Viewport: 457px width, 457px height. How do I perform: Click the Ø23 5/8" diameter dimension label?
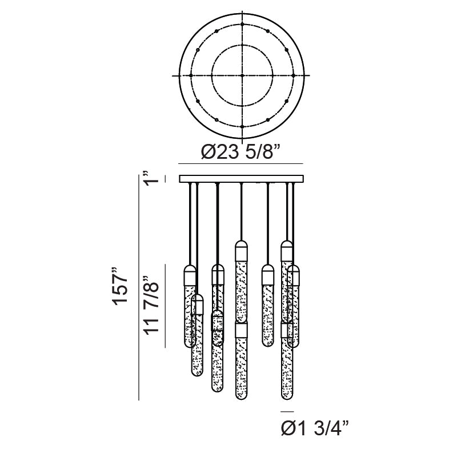coord(240,152)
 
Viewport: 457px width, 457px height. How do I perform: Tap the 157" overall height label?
coord(121,286)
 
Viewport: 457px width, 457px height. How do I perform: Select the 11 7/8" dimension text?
coord(151,305)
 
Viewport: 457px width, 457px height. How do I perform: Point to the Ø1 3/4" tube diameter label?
coord(315,428)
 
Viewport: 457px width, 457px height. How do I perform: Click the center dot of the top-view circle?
coord(242,75)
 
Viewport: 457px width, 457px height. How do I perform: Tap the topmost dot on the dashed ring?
coord(242,24)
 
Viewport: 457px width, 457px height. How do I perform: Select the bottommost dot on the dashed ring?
coord(242,127)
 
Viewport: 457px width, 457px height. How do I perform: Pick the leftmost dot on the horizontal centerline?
coord(191,75)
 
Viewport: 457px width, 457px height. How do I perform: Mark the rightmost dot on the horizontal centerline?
coord(294,75)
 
